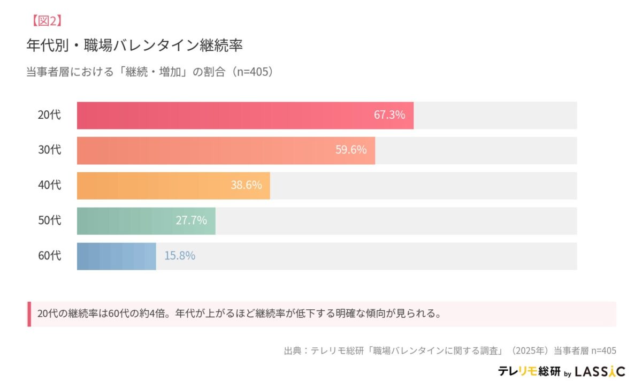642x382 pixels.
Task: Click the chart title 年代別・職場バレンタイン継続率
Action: pos(134,45)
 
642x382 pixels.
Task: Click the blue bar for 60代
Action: pos(116,256)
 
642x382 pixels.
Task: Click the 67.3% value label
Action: pos(389,115)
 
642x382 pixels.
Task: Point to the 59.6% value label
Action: pos(351,150)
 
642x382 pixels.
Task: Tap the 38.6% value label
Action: pos(246,185)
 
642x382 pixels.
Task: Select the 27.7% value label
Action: pos(191,220)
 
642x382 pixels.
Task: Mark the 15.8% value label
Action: pos(179,256)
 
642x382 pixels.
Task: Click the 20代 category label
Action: pos(49,115)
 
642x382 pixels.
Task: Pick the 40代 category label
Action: pos(49,185)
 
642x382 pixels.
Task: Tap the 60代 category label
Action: pos(49,256)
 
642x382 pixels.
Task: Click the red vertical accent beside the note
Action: pos(29,314)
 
